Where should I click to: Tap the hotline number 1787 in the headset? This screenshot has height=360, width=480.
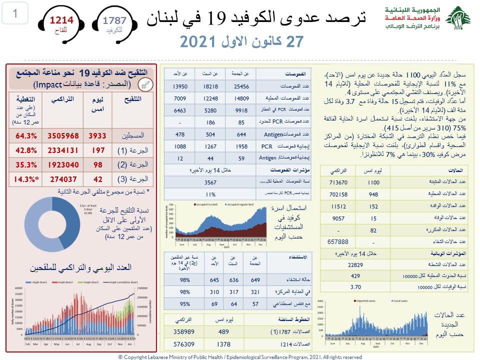pos(114,20)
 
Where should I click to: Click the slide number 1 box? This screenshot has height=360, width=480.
pos(15,14)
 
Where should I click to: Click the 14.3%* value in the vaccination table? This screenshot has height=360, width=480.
pos(25,178)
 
